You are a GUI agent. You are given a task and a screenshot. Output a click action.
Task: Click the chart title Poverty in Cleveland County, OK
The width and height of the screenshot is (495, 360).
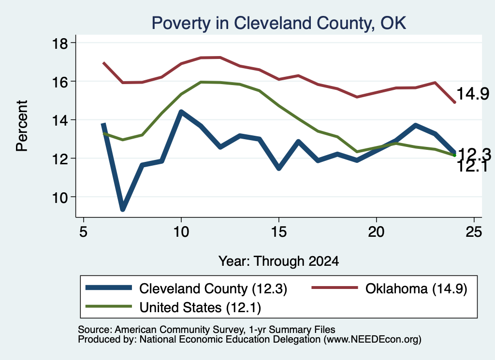coord(279,23)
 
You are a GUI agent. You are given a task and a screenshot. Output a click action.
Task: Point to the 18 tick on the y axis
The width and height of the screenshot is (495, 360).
coord(59,43)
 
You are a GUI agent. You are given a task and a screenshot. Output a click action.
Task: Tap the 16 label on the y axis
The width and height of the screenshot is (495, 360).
coord(59,82)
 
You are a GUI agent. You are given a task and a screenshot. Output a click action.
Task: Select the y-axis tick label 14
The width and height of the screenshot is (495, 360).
coord(59,120)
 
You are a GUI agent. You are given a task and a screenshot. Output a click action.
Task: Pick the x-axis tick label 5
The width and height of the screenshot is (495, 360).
coord(83,232)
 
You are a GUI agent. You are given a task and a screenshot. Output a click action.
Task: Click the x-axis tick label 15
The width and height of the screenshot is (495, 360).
coord(279,232)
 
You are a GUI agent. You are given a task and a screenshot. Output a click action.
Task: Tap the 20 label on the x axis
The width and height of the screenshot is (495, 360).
coord(376,232)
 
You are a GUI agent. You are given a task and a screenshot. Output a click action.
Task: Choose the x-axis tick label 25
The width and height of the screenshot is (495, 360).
coord(474,232)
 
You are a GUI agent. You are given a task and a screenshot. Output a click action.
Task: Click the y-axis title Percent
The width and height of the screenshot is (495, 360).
coord(22,126)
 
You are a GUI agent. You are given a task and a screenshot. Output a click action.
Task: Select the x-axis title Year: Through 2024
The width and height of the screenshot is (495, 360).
coord(279,261)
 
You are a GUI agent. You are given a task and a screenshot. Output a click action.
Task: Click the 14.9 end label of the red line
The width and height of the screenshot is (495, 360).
coord(473,94)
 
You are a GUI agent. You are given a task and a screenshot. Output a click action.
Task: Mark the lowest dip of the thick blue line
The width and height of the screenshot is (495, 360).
coord(123,209)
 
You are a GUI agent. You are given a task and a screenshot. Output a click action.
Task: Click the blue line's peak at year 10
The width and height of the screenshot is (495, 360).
coord(181,112)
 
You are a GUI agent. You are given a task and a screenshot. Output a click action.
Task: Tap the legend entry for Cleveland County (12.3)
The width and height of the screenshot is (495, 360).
coord(186,288)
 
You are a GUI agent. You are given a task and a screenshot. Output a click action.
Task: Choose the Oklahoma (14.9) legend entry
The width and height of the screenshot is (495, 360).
coord(389,288)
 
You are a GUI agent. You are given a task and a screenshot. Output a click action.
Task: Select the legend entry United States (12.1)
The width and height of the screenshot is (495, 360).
coord(174,307)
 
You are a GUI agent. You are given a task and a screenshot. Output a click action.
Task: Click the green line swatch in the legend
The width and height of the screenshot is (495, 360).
coord(109,306)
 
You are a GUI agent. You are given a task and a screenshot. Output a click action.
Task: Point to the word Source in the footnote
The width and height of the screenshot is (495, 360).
coord(94,330)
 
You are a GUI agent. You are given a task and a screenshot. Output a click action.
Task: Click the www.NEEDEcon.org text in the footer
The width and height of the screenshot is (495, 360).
coord(372,340)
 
